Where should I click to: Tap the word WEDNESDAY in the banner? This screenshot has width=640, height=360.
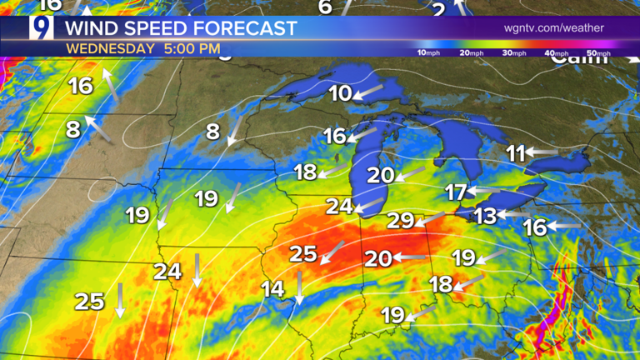(x=110, y=48)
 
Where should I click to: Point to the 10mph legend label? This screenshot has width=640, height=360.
(x=428, y=53)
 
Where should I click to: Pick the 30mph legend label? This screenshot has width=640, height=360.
(x=514, y=53)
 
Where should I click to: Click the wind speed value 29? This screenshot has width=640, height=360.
(x=401, y=222)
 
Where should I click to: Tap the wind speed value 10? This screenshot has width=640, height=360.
(x=340, y=94)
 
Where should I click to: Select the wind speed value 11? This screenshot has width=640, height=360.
(x=516, y=153)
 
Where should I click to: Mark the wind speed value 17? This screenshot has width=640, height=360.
(x=455, y=193)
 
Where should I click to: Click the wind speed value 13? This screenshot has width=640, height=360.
(x=485, y=217)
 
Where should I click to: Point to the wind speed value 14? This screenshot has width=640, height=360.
(x=272, y=289)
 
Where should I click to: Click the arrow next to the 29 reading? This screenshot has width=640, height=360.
(x=430, y=219)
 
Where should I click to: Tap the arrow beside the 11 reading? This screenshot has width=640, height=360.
(x=542, y=152)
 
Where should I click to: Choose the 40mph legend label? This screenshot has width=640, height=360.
(x=556, y=53)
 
